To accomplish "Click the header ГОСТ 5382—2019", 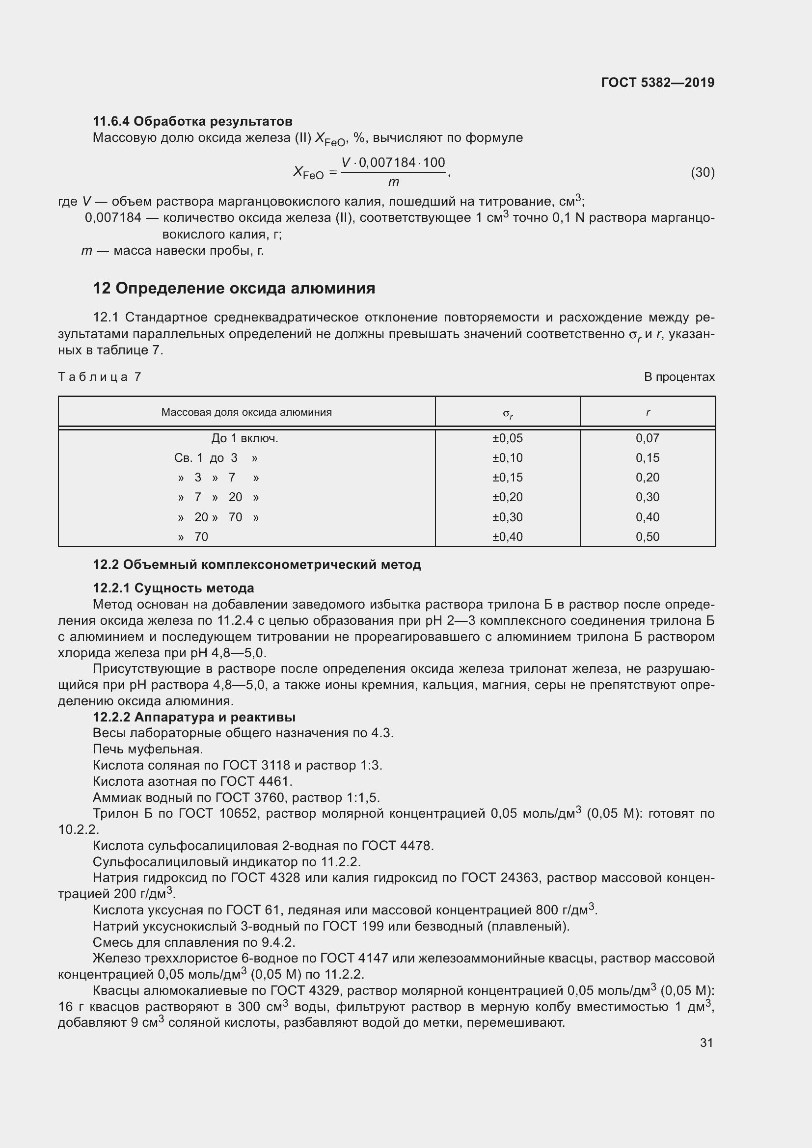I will point(657,82).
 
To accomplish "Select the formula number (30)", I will point(702,172).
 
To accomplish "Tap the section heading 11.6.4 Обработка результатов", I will point(192,121).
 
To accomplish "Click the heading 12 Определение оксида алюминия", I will point(234,289).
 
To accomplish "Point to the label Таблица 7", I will point(100,377).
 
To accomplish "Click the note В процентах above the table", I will point(679,377).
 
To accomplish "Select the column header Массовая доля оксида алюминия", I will point(246,412).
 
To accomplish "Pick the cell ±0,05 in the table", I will point(507,438).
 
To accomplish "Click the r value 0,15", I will point(648,458).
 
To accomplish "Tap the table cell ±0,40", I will point(507,537).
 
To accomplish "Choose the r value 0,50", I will point(648,537).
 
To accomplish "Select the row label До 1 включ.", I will point(244,438).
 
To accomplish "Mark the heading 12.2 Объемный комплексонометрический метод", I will point(257,565).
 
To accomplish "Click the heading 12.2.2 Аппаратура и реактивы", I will point(194,717).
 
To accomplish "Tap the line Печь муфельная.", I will point(148,749).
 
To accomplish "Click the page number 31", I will point(706,1043).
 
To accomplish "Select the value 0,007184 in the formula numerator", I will point(387,162).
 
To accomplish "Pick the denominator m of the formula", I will point(394,182).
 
